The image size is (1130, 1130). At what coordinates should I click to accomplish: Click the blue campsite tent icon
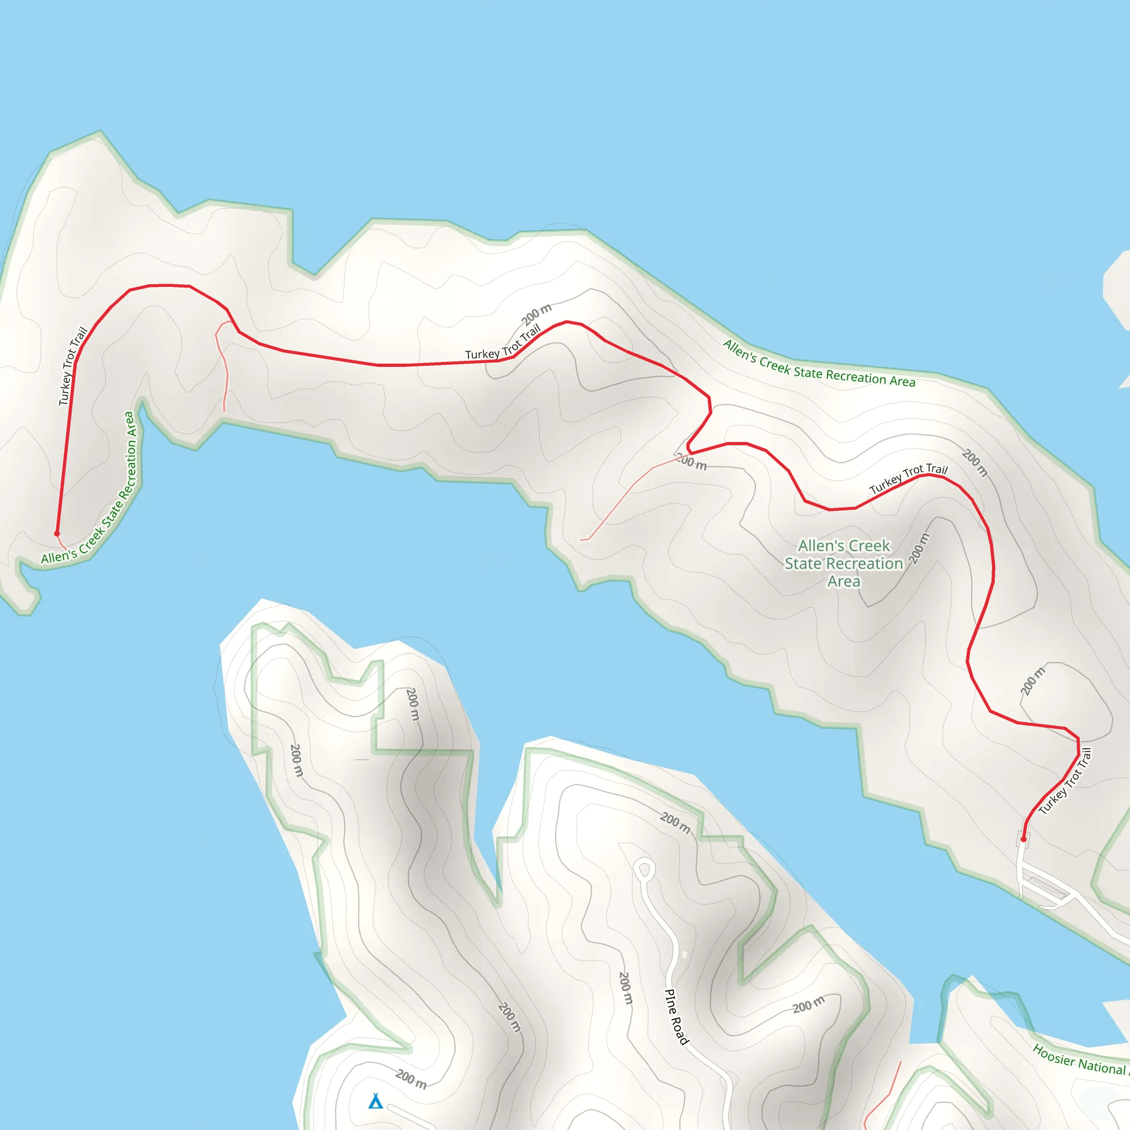[376, 1101]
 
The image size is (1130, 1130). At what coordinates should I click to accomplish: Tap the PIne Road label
[676, 1016]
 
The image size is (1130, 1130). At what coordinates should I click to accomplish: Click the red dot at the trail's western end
[57, 534]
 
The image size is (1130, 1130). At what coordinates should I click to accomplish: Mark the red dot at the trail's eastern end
[1024, 839]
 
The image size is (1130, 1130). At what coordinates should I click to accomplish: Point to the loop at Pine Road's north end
[644, 870]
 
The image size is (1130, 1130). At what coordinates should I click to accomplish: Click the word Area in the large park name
[844, 582]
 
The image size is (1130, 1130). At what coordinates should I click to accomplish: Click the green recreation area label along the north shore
[819, 364]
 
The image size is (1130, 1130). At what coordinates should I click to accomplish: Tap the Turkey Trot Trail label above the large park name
[908, 478]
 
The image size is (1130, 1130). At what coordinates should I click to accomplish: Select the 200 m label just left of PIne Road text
[625, 988]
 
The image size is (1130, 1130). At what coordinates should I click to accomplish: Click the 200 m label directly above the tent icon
[411, 1079]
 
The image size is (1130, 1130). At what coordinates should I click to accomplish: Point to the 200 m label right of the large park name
[919, 548]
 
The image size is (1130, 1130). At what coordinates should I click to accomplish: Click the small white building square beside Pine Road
[684, 955]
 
